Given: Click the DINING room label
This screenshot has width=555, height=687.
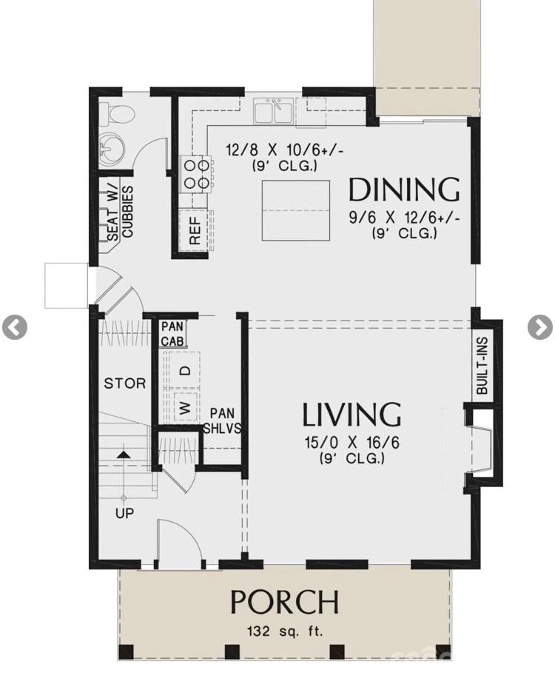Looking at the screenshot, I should pyautogui.click(x=404, y=190).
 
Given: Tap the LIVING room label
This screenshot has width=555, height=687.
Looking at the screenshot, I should pyautogui.click(x=351, y=415).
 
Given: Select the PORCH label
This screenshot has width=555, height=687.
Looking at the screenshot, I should pyautogui.click(x=285, y=603).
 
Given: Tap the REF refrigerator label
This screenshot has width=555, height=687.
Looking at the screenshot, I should pyautogui.click(x=195, y=231).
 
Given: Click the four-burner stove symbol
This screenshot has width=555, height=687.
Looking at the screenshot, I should pyautogui.click(x=195, y=174).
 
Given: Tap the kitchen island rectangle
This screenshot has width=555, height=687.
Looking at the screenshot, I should pyautogui.click(x=295, y=210).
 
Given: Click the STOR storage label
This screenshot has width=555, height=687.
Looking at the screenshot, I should pyautogui.click(x=124, y=383).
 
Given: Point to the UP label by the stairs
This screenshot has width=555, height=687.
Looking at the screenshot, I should pyautogui.click(x=124, y=513).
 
